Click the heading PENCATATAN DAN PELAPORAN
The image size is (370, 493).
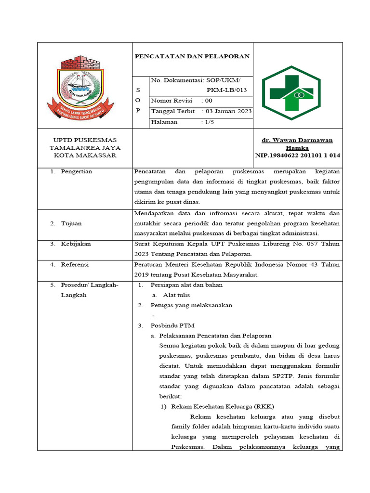192,56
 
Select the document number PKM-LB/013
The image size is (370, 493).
226,90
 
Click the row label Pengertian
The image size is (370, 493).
76,171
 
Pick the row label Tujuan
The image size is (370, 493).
71,223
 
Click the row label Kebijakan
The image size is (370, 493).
76,244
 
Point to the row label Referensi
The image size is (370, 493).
75,265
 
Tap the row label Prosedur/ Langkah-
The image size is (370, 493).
90,285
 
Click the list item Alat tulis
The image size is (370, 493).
176,295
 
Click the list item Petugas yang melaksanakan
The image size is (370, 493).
191,305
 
